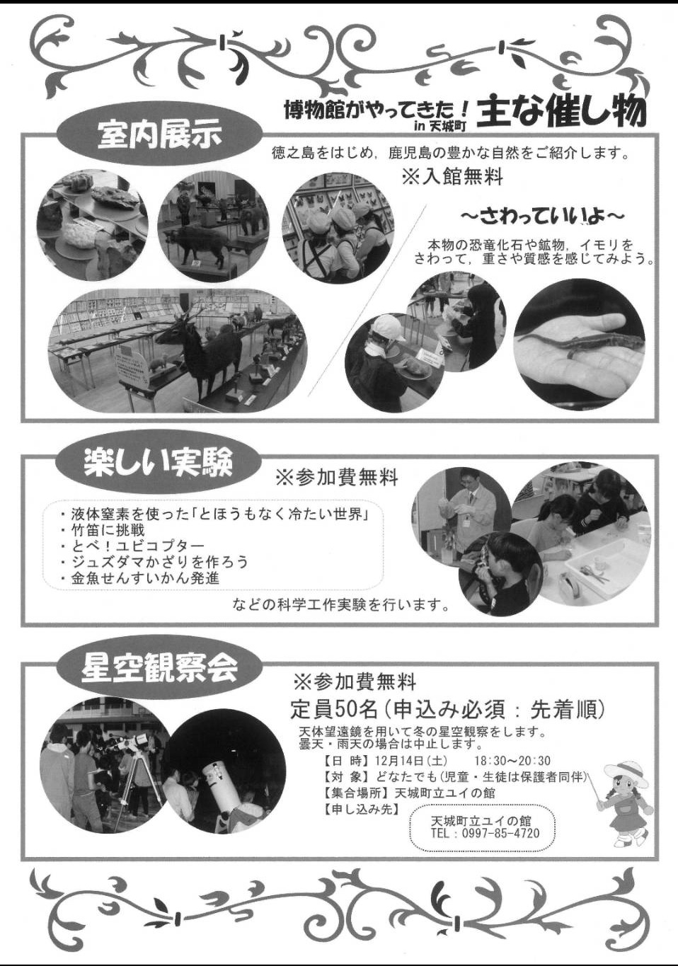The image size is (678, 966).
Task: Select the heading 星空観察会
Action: click(x=159, y=671)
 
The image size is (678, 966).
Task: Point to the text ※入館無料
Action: click(x=452, y=177)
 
